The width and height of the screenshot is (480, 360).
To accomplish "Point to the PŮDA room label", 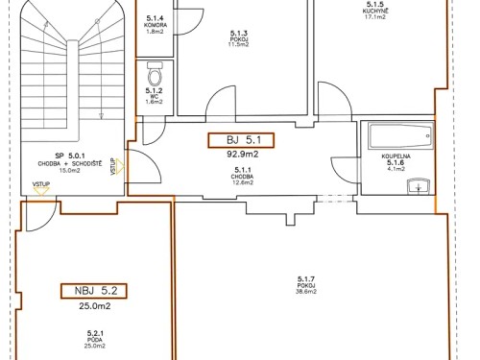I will (94, 339).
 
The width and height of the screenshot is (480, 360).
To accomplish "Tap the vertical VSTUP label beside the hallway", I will (113, 166).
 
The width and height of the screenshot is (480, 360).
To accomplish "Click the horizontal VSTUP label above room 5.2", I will (41, 182).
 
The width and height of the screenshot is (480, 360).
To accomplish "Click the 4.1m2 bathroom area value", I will (396, 170).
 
